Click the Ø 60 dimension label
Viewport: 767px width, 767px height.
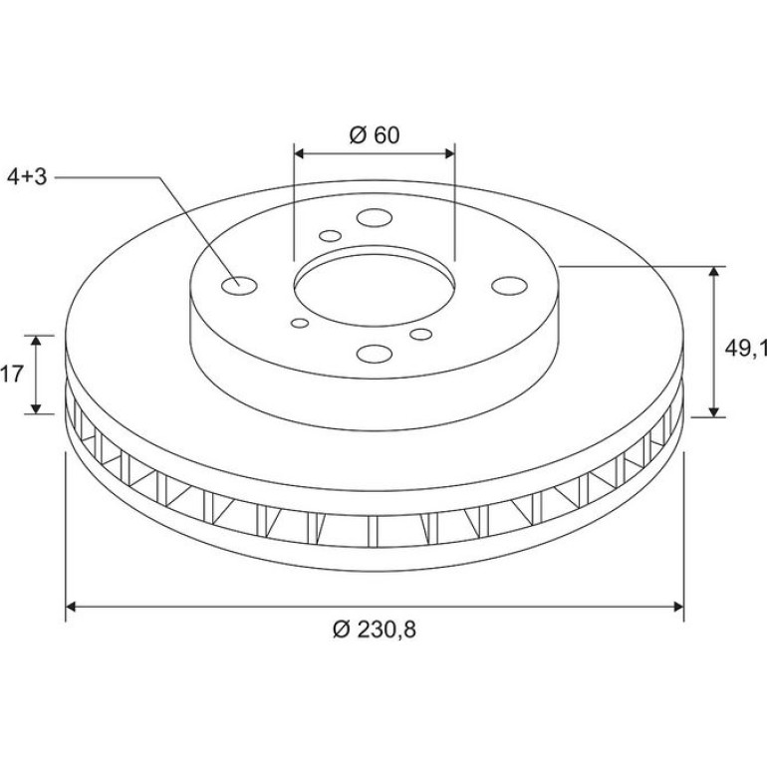(x=375, y=135)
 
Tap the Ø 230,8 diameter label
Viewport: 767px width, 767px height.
(x=375, y=630)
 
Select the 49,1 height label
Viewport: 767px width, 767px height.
(x=745, y=349)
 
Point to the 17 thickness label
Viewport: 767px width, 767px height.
(x=12, y=375)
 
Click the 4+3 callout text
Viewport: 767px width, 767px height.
(x=27, y=177)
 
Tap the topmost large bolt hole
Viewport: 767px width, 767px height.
(x=375, y=218)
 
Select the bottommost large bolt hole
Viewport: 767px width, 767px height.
(x=375, y=354)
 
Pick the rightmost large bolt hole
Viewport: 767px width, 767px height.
(x=509, y=286)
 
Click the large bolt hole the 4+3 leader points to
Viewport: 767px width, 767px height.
(x=239, y=286)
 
